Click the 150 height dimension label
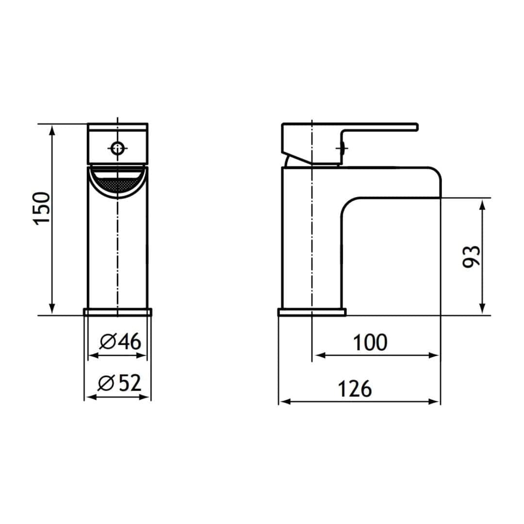pos(43,208)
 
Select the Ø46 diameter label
pos(120,342)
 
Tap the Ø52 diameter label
pos(119,384)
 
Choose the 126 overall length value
pos(355,389)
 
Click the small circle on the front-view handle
pos(117,148)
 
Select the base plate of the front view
pos(117,311)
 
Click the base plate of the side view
pos(311,311)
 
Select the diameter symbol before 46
pos(107,343)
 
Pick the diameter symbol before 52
pos(105,384)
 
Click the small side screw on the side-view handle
pos(341,148)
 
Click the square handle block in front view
pos(117,144)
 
